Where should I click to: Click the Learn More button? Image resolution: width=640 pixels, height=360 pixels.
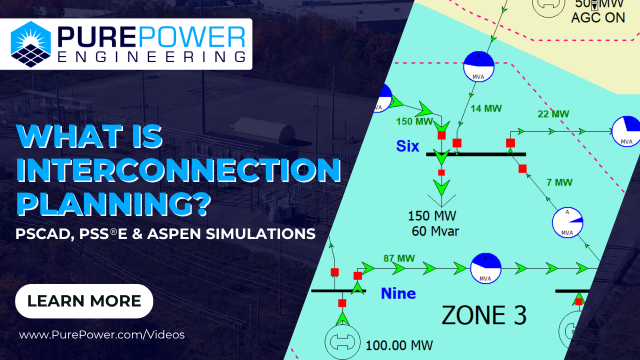84,301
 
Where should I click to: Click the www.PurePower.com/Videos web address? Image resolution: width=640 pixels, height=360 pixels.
102,334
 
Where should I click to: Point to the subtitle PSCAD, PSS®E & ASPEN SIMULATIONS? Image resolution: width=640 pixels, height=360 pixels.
165,233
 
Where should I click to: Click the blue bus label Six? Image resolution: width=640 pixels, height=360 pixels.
408,146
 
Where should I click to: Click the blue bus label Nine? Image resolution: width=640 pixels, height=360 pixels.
398,293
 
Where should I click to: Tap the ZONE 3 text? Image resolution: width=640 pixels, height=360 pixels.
483,315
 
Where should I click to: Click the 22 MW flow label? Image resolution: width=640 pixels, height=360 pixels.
553,114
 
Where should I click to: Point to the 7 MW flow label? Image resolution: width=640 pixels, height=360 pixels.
559,182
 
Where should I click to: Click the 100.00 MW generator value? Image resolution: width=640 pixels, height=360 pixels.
399,345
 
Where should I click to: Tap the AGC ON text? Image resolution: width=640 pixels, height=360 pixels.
598,17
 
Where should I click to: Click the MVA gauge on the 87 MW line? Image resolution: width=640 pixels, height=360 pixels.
485,268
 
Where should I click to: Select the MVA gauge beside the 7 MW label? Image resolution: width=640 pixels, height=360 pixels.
567,222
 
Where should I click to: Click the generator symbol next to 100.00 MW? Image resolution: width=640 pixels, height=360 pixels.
342,341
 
